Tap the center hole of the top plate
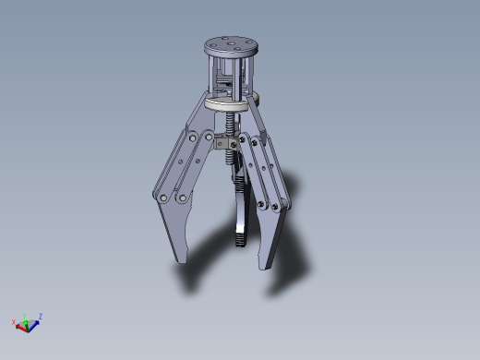point(230,43)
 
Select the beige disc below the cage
point(226,104)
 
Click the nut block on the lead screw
point(222,145)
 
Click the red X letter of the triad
point(14,322)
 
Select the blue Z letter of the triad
point(41,317)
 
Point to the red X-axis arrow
point(21,324)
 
